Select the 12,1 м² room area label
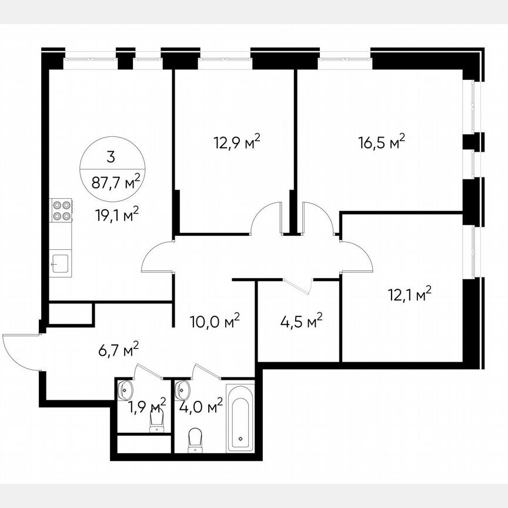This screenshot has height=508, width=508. coord(410,293)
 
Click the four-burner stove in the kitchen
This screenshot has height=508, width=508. coord(61,211)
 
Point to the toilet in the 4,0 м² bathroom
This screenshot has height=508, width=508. coord(195,440)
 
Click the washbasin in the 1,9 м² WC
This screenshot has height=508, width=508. coord(125,389)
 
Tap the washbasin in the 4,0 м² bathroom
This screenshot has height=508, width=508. coord(183,389)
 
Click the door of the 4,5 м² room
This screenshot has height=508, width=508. coord(298,286)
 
